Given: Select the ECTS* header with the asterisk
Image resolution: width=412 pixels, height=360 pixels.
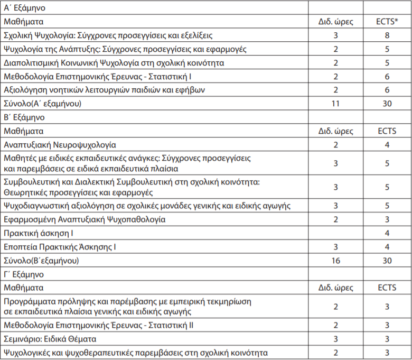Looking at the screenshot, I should [x=387, y=22].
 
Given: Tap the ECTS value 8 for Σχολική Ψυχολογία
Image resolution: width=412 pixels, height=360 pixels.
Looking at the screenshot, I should [x=387, y=36].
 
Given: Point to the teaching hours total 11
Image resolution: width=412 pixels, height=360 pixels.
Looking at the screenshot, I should [x=335, y=103].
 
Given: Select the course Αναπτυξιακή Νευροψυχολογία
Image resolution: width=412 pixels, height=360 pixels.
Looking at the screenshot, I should [x=60, y=144].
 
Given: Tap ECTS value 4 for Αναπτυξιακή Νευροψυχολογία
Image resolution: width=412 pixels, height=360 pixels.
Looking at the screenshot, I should [x=387, y=144].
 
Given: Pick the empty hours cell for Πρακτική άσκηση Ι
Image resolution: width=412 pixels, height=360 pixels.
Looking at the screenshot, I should [x=335, y=233].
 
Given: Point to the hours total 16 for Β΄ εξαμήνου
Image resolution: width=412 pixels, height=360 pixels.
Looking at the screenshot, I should [x=335, y=261].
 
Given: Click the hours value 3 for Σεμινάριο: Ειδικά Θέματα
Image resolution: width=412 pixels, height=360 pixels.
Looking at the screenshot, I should [x=335, y=338].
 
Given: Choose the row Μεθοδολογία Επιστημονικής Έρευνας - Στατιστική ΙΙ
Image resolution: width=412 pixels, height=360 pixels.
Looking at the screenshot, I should [x=98, y=325].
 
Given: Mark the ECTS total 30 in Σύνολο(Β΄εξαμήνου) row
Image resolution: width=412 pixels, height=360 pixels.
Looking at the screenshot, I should [x=387, y=261].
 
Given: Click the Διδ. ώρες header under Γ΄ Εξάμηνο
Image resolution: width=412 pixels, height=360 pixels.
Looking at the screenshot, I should [x=335, y=288].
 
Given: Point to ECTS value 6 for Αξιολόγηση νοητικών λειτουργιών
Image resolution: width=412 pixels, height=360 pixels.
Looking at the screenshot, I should [x=387, y=90].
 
